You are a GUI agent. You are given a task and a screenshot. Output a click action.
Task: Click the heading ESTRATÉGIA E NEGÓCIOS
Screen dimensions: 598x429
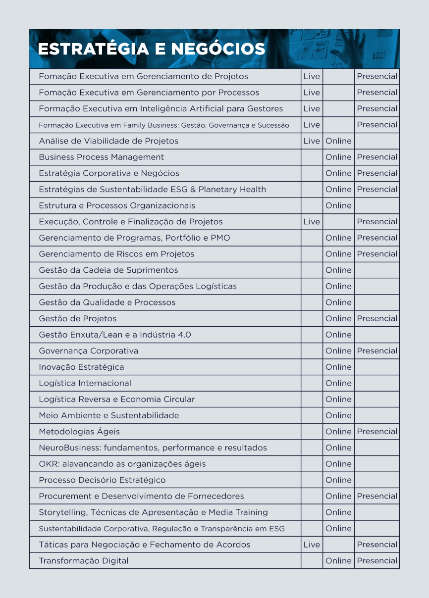pyautogui.click(x=152, y=49)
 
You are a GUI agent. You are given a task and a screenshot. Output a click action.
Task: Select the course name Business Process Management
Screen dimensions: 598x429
pyautogui.click(x=101, y=157)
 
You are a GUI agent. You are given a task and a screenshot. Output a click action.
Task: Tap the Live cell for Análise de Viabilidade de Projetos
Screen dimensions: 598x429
pyautogui.click(x=312, y=141)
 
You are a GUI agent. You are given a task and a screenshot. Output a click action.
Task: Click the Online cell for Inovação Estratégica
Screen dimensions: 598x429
pyautogui.click(x=338, y=367)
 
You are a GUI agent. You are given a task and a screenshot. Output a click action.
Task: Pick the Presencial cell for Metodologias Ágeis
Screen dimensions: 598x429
pyautogui.click(x=377, y=432)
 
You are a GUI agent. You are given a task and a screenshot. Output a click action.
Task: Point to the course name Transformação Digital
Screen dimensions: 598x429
pyautogui.click(x=83, y=561)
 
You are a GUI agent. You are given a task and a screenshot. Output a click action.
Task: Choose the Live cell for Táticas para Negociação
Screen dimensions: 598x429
pyautogui.click(x=312, y=545)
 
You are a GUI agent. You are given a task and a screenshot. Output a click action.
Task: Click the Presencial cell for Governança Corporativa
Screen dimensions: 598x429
pyautogui.click(x=377, y=351)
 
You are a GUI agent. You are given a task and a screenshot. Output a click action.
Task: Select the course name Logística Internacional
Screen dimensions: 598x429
pyautogui.click(x=85, y=383)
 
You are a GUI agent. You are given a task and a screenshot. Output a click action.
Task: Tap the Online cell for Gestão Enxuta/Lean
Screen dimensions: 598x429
pyautogui.click(x=338, y=335)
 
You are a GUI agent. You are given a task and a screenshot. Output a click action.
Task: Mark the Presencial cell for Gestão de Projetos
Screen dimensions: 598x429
pyautogui.click(x=377, y=319)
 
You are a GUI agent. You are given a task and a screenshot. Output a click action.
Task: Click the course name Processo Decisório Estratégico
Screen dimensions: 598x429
pyautogui.click(x=102, y=480)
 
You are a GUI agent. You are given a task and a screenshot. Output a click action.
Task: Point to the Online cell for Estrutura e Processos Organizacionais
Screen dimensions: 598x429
pyautogui.click(x=338, y=205)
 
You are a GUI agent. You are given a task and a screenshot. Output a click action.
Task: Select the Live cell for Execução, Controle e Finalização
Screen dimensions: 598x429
pyautogui.click(x=312, y=222)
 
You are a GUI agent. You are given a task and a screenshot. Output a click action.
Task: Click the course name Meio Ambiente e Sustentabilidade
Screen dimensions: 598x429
pyautogui.click(x=108, y=415)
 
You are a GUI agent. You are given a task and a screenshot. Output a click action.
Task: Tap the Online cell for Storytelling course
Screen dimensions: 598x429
pyautogui.click(x=338, y=512)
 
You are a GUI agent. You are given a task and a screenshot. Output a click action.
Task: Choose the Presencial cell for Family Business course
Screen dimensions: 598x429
pyautogui.click(x=377, y=125)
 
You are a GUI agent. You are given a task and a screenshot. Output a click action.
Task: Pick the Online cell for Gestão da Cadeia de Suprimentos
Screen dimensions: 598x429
pyautogui.click(x=338, y=270)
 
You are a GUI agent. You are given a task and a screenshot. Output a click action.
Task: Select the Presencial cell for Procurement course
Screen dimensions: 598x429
pyautogui.click(x=377, y=496)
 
